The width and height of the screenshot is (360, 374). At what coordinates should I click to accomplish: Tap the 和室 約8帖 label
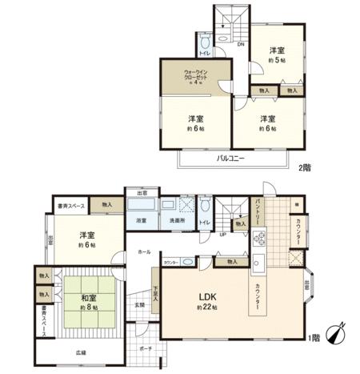click(88, 302)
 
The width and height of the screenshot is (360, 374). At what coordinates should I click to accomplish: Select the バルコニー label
click(230, 157)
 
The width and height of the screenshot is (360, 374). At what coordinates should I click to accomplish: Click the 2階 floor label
click(304, 167)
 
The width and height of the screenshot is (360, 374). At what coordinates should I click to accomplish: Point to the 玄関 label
click(139, 304)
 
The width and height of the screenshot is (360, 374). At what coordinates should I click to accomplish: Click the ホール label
click(144, 251)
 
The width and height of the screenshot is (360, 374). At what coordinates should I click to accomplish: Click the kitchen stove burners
click(258, 237)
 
